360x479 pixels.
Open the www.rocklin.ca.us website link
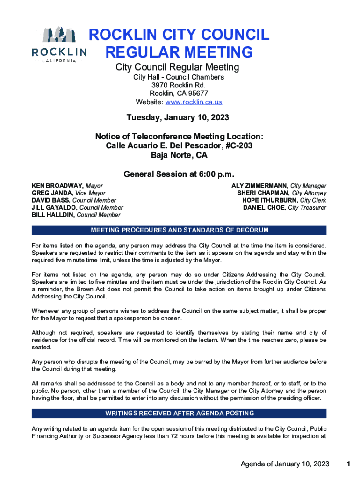(x=198, y=102)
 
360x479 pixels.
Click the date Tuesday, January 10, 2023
(x=178, y=117)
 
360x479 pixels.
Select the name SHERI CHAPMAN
(x=263, y=193)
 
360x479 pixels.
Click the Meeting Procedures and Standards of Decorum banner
(x=180, y=230)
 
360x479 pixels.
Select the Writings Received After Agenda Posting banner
(x=180, y=414)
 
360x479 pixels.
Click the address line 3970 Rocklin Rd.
(x=179, y=85)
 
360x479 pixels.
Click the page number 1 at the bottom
(x=348, y=464)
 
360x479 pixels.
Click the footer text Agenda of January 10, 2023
(x=285, y=464)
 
